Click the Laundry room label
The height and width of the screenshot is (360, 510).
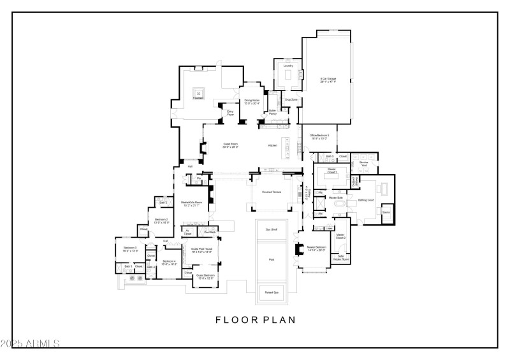click(288, 66)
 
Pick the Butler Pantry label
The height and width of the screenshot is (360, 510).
click(272, 112)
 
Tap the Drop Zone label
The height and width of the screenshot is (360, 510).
click(291, 99)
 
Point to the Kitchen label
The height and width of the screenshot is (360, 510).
click(273, 146)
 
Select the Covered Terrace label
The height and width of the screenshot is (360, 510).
click(272, 191)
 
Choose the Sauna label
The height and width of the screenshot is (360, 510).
click(386, 213)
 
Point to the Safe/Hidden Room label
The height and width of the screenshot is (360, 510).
click(343, 258)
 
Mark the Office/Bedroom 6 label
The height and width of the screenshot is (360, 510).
click(319, 136)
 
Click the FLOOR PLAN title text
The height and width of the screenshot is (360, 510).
click(255, 320)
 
